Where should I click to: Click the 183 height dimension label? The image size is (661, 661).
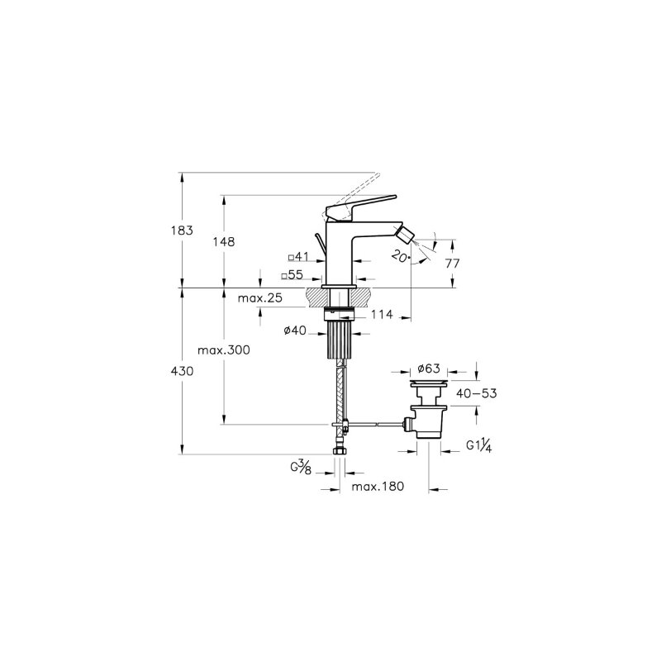pyautogui.click(x=182, y=231)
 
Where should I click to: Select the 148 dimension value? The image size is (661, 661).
pyautogui.click(x=224, y=242)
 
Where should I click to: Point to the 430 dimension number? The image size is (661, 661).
pyautogui.click(x=182, y=371)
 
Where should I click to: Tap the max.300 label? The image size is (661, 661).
pyautogui.click(x=224, y=350)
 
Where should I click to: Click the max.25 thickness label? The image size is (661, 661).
pyautogui.click(x=260, y=298)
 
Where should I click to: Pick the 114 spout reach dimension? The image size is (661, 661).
pyautogui.click(x=382, y=315)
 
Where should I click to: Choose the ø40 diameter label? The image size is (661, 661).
pyautogui.click(x=295, y=330)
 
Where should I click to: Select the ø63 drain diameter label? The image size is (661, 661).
pyautogui.click(x=429, y=369)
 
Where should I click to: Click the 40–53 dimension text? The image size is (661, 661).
pyautogui.click(x=477, y=394)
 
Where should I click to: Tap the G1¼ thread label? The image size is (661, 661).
pyautogui.click(x=479, y=445)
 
